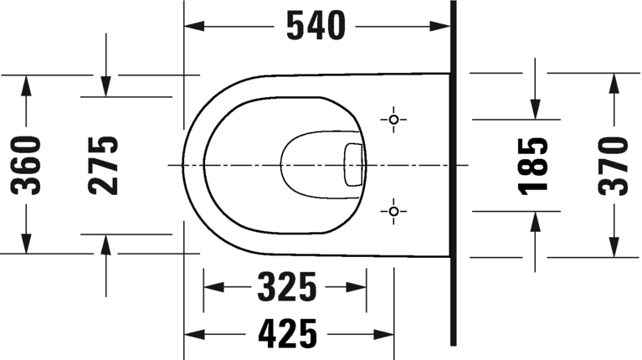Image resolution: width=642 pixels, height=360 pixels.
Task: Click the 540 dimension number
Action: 316,27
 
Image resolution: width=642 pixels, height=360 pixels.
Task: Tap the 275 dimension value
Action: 105,165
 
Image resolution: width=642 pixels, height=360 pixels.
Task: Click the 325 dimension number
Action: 286,287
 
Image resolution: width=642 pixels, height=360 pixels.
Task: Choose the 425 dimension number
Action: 286,334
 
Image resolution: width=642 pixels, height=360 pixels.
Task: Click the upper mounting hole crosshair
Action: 393,120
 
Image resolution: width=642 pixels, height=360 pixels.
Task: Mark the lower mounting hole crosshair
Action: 393,210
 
